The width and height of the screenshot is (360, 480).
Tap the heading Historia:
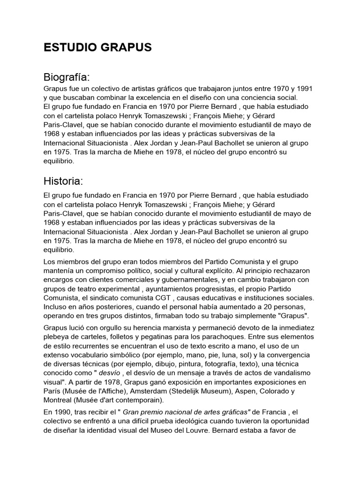pos(64,181)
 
